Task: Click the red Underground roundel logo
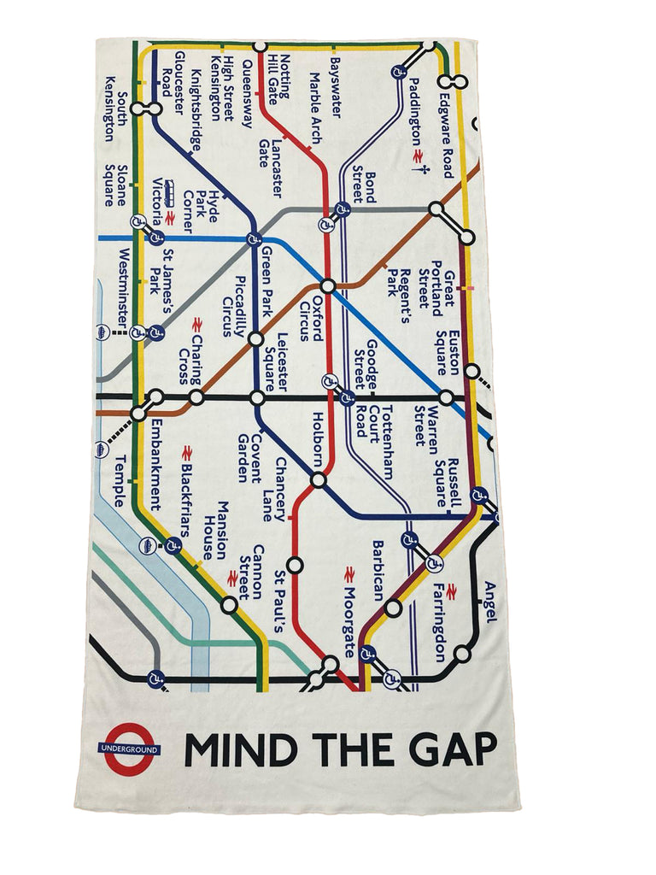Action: tap(129, 749)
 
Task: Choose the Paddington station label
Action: tap(414, 112)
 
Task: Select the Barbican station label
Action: tap(378, 570)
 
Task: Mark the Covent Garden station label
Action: tap(248, 458)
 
